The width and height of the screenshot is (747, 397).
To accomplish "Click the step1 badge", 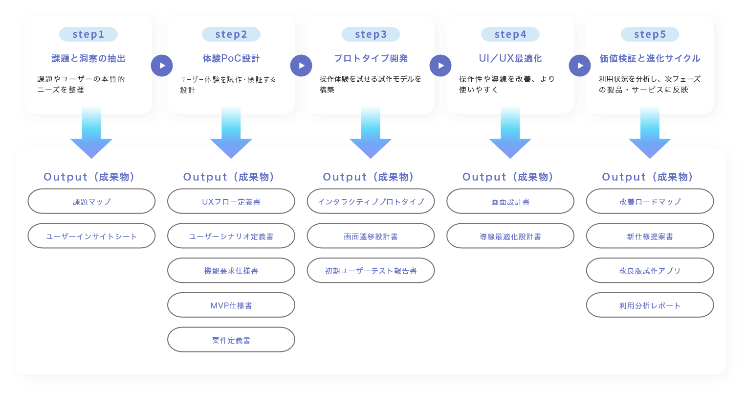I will [88, 34].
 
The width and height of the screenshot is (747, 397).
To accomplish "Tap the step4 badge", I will [510, 34].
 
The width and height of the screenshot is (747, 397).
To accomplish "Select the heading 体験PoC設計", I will [231, 59].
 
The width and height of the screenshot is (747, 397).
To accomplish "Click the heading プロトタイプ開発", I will [371, 59].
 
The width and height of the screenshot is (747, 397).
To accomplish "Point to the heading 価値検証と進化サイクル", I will [650, 59].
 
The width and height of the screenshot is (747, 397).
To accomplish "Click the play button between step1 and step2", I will [162, 66].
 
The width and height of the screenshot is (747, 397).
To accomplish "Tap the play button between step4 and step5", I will [580, 66].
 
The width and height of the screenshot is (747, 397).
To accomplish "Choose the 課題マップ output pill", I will [91, 201].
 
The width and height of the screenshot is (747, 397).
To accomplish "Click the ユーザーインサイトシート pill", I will [91, 236].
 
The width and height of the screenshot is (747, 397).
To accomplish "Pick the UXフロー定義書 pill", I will [231, 201].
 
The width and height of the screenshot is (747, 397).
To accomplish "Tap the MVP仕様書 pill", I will [231, 305].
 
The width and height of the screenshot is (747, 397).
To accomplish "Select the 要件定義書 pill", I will [231, 340].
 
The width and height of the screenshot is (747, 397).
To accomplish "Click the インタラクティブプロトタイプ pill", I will [371, 201].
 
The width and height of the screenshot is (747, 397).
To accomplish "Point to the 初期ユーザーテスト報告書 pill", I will [371, 271].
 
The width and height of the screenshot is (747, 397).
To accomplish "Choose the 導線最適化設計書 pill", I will [510, 236].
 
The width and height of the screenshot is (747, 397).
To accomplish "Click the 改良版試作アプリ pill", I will [650, 271].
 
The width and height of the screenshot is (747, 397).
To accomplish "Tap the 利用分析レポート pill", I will [650, 305].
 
